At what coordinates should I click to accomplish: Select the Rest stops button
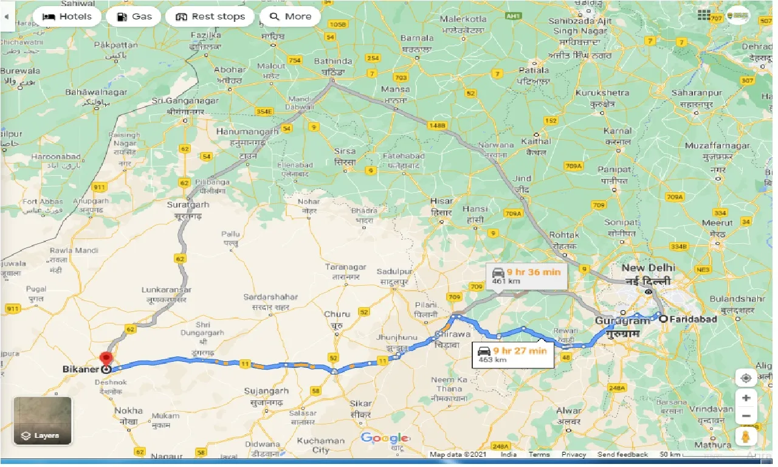pos(210,16)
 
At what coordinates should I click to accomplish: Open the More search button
pos(291,16)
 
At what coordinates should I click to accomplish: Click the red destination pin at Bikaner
pos(106,359)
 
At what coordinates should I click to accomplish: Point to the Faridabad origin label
pos(693,319)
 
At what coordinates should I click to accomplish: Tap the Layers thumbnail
pos(43,421)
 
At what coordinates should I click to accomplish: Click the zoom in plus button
pos(746,398)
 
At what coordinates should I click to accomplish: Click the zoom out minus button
pos(746,417)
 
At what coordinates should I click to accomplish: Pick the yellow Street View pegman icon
pos(746,437)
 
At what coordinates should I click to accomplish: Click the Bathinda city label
pos(333,61)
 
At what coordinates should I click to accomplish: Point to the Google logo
pos(384,438)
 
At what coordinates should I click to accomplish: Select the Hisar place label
pos(441,201)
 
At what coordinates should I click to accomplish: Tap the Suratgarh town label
pos(188,205)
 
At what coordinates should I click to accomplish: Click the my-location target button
pos(746,378)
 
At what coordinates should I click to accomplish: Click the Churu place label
pos(337,314)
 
